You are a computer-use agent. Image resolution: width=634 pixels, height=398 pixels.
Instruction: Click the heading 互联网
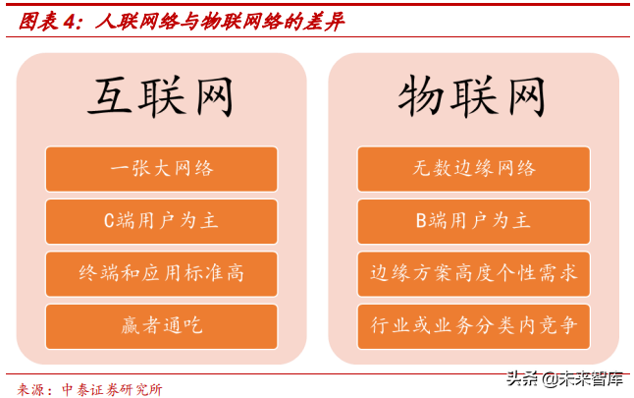click(161, 98)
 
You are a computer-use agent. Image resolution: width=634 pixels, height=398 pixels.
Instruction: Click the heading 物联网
click(472, 98)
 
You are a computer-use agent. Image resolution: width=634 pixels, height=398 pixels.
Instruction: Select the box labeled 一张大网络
click(161, 168)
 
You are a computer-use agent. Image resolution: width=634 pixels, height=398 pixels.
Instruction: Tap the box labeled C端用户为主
click(161, 221)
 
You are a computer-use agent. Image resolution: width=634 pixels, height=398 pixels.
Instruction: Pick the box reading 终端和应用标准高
click(161, 273)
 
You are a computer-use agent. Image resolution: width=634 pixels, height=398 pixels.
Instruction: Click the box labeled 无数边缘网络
click(473, 168)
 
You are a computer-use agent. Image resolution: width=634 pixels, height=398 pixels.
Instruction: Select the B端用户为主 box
click(473, 221)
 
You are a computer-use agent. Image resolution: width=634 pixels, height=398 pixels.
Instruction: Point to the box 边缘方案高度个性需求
click(473, 273)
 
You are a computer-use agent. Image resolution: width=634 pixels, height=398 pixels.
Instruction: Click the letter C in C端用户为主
click(110, 221)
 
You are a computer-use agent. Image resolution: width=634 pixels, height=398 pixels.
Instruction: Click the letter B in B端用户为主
click(421, 221)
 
